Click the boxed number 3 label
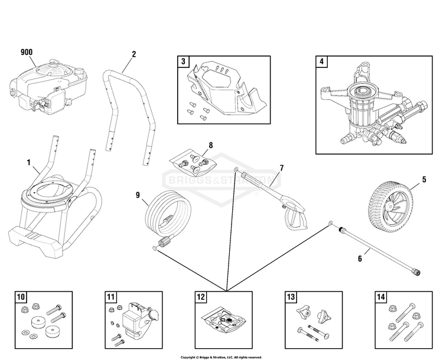coord(184,61)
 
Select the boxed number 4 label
coord(321,61)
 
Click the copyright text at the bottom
coord(221,356)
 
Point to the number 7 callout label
coord(281,168)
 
